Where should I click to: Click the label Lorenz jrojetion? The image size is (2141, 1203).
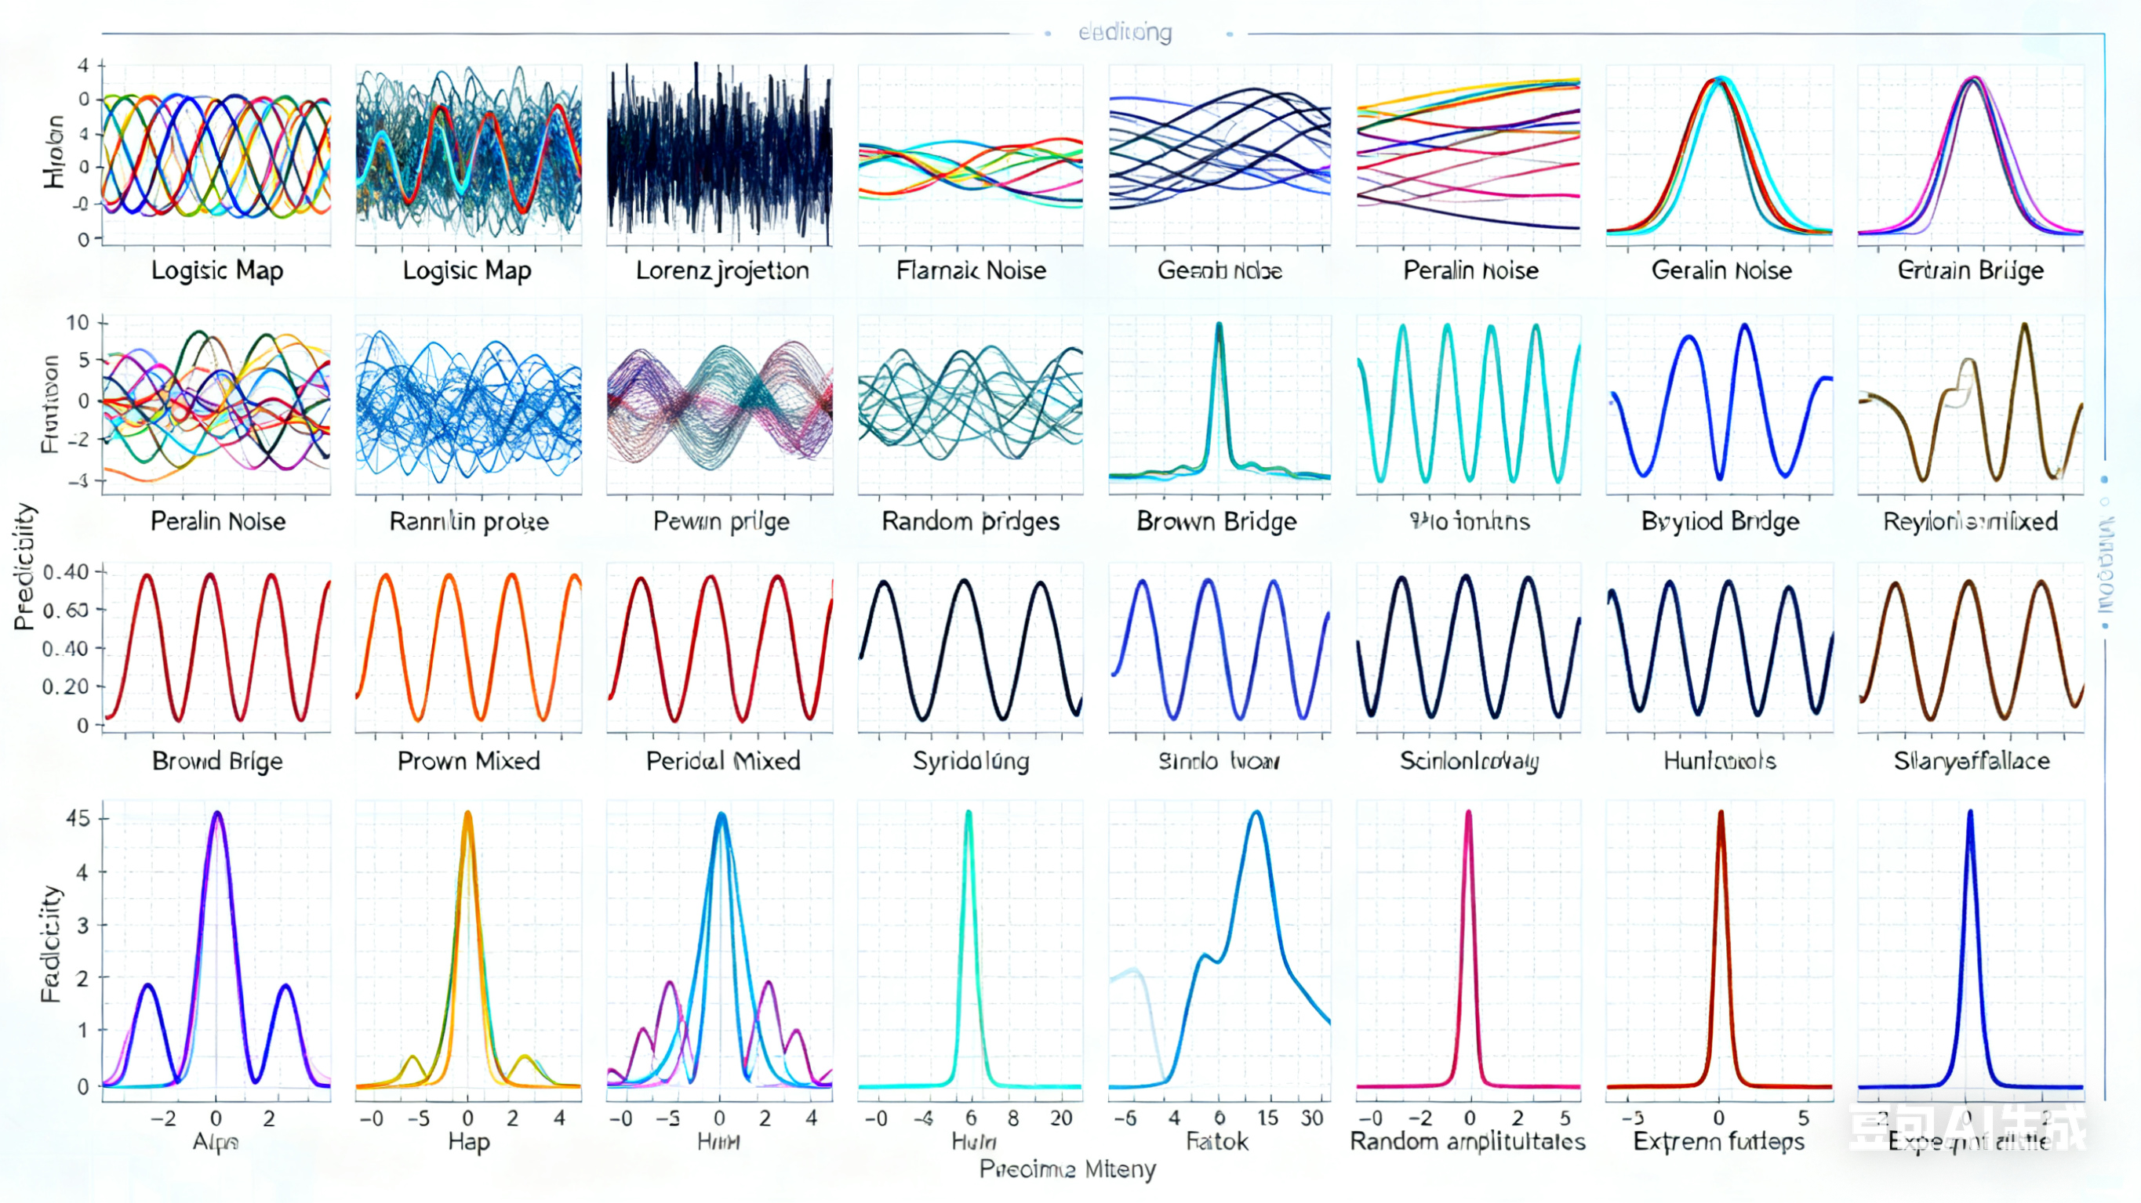(722, 270)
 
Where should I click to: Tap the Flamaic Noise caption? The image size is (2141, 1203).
(971, 270)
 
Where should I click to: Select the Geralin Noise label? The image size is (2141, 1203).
(1721, 270)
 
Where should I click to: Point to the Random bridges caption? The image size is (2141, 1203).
(970, 521)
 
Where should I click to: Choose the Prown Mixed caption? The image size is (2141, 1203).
(468, 760)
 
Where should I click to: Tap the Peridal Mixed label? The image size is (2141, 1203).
(722, 760)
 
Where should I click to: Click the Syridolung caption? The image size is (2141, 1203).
(970, 760)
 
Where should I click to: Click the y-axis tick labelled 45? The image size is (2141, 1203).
(78, 818)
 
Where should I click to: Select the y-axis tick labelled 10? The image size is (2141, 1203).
(78, 322)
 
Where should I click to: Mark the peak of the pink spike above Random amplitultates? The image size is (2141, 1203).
(1468, 813)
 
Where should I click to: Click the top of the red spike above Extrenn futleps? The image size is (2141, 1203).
(1721, 813)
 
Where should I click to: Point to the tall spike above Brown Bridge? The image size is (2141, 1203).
(1220, 326)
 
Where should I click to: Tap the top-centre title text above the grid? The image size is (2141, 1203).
(1125, 32)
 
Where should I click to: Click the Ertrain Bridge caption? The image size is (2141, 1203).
(1970, 270)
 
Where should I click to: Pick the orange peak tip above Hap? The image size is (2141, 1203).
(467, 814)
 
